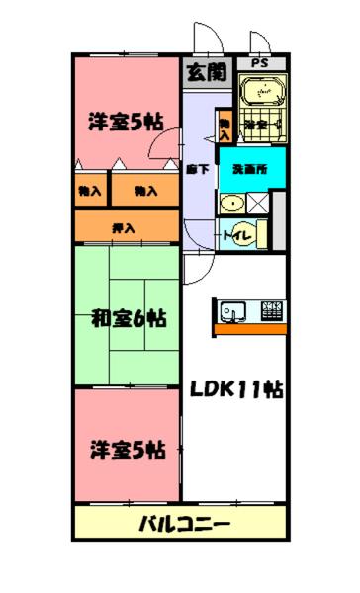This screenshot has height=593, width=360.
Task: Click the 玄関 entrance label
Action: pos(205,71)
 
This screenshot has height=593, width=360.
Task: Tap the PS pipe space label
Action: pos(259,63)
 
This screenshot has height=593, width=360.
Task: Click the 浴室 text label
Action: pos(257,126)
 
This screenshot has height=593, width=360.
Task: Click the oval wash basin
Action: pos(232,204)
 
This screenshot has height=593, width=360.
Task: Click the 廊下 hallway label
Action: pos(197,169)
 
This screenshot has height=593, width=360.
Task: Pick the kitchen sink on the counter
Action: pos(233,311)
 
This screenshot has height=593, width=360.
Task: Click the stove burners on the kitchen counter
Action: pos(270,312)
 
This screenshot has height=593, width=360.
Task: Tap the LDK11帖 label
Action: pos(236,388)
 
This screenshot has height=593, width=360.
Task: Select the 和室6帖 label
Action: pos(128,319)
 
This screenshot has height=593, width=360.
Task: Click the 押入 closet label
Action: pos(125,228)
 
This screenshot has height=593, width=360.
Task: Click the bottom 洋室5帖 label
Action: pos(126,451)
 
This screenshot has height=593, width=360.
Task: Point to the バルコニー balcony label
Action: pos(183,523)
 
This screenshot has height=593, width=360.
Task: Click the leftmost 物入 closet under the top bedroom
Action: pos(90,190)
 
